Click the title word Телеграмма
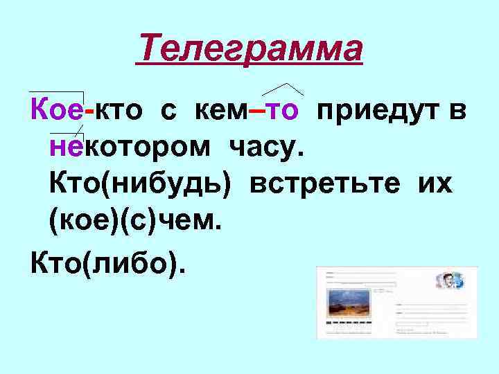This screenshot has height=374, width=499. click(x=249, y=50)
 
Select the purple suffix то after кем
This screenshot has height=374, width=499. click(x=283, y=109)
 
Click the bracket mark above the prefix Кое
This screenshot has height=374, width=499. click(x=57, y=93)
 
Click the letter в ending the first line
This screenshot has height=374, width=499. click(x=457, y=109)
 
